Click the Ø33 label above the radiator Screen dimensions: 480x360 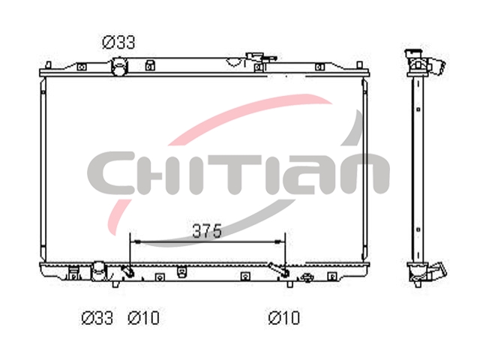(x=118, y=42)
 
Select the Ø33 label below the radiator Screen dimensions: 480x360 (x=97, y=318)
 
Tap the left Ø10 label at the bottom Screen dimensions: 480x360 (x=143, y=318)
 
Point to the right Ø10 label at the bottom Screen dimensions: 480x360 (x=283, y=318)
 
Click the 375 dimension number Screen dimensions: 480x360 (x=207, y=231)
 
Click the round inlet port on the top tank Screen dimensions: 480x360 (x=119, y=67)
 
